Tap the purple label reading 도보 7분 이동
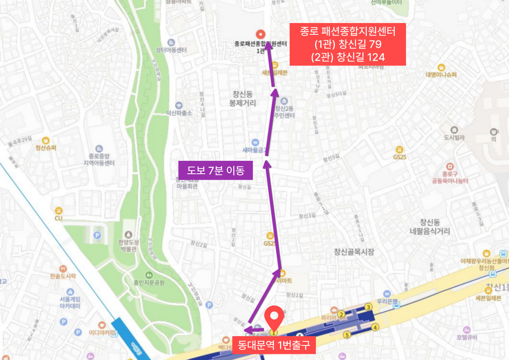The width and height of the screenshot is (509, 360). click(x=216, y=171)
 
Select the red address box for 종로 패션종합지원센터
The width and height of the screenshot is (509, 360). click(x=347, y=44)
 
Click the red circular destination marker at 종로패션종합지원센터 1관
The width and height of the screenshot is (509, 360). click(x=261, y=34)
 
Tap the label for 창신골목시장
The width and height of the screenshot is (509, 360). click(x=354, y=252)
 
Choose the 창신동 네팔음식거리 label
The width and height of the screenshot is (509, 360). click(x=429, y=227)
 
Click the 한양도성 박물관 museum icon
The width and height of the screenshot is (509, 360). click(x=128, y=235)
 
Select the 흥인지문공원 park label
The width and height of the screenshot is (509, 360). click(x=149, y=282)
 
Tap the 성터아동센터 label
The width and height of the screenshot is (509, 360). click(x=171, y=50)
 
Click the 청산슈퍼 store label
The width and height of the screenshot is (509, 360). click(x=46, y=148)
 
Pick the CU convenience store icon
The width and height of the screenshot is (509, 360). click(x=59, y=211)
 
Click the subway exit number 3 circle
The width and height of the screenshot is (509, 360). click(x=368, y=307)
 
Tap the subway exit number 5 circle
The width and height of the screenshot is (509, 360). click(x=346, y=335)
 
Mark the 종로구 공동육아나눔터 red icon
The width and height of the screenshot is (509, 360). click(x=450, y=166)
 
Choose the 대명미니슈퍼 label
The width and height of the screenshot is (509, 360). click(x=441, y=74)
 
